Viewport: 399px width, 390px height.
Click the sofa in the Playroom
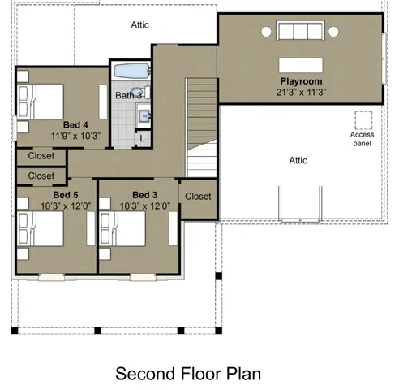[299, 32]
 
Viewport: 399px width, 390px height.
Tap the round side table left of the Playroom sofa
[266, 32]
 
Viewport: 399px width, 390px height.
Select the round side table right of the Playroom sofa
[333, 32]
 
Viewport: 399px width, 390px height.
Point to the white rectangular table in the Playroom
[301, 65]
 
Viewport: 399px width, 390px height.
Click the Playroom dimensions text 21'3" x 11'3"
[301, 93]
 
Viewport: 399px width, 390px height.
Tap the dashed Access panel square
[362, 119]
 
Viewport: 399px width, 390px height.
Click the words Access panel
[362, 139]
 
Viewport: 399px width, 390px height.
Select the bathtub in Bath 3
[130, 71]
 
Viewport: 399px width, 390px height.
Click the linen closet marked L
[143, 138]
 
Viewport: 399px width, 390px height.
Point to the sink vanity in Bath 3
[143, 116]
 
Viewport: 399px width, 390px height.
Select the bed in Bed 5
[39, 230]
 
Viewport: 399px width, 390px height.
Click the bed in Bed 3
[122, 230]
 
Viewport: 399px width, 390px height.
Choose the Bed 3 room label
[144, 195]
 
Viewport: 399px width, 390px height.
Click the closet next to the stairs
[198, 197]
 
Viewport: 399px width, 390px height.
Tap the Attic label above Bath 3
[140, 25]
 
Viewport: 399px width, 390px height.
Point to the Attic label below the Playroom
[298, 160]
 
